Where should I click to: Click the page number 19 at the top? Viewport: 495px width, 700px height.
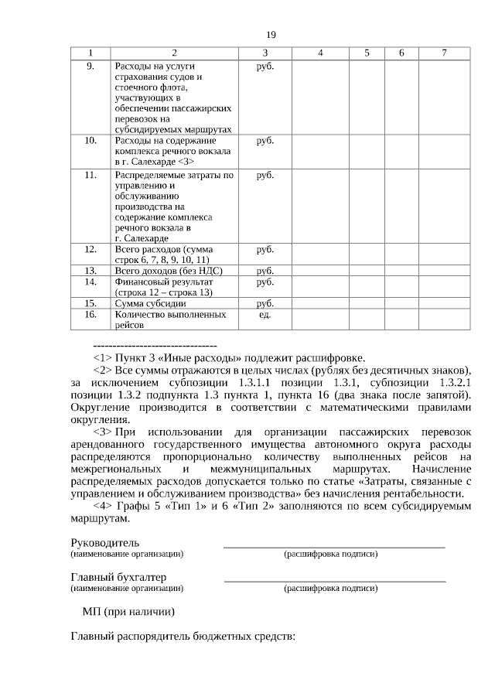click(x=271, y=35)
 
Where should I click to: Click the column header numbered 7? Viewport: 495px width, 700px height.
click(x=443, y=53)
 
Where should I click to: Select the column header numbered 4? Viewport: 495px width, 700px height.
click(x=319, y=53)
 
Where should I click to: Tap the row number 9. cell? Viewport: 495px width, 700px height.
click(x=90, y=66)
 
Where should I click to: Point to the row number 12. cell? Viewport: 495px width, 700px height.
click(x=90, y=249)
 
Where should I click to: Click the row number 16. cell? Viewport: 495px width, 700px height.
click(x=90, y=315)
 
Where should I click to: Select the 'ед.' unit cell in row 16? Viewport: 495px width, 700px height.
click(x=265, y=315)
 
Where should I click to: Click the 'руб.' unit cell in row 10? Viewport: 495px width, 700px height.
click(x=265, y=141)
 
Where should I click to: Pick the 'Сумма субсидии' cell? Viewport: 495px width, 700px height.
click(x=150, y=303)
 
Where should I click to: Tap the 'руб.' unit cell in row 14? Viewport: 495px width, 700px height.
click(x=265, y=282)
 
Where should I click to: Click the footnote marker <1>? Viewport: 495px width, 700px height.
click(x=102, y=358)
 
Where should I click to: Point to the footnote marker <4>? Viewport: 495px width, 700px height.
click(x=102, y=505)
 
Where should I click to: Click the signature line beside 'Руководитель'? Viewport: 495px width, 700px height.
click(x=334, y=546)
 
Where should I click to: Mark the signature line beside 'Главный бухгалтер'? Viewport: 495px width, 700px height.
click(x=334, y=580)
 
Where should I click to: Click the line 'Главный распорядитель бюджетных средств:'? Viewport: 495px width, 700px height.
click(x=183, y=637)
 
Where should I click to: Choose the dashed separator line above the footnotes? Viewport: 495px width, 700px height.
click(x=155, y=344)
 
